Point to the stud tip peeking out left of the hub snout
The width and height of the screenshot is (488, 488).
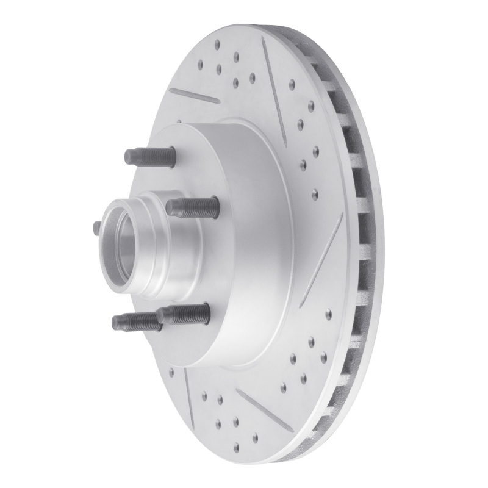coord(97,227)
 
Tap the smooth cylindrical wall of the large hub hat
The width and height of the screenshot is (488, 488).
coord(244,244)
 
